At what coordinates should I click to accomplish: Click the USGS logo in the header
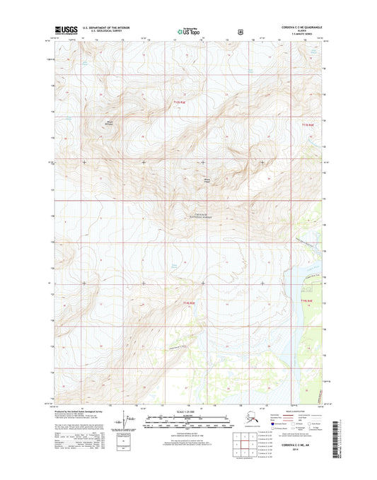coord(64,31)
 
